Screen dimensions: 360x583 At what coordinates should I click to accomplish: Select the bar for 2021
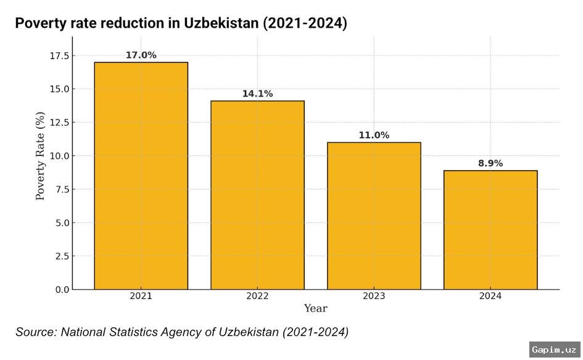tap(141, 176)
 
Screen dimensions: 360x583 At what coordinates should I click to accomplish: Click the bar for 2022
tap(257, 195)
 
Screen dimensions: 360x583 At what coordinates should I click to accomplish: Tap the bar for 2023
tap(374, 216)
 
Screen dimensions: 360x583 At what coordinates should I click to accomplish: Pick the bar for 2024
tap(490, 230)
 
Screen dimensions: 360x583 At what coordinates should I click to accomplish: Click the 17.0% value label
tap(141, 55)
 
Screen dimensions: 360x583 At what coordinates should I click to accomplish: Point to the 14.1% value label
tap(257, 94)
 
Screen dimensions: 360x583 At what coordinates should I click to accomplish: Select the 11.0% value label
tap(374, 135)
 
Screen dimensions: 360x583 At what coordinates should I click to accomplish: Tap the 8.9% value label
tap(490, 163)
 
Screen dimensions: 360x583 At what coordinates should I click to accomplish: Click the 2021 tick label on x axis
tap(141, 297)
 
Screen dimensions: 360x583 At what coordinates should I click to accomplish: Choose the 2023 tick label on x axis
tap(374, 297)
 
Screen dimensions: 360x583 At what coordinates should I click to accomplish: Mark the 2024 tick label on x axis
tap(490, 297)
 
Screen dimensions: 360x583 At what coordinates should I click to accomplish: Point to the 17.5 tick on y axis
tap(59, 56)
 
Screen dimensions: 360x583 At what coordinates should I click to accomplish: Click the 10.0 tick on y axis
tap(59, 156)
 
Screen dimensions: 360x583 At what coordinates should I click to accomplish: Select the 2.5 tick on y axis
tap(62, 256)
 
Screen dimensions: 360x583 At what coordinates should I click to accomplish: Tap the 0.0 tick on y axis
tap(62, 290)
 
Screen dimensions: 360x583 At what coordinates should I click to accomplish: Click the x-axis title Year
tap(315, 308)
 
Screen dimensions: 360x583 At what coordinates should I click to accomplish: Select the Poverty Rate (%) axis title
tap(41, 156)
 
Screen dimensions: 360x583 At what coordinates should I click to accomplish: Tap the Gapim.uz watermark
tap(555, 348)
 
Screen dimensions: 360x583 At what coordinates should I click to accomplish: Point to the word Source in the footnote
tap(36, 332)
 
